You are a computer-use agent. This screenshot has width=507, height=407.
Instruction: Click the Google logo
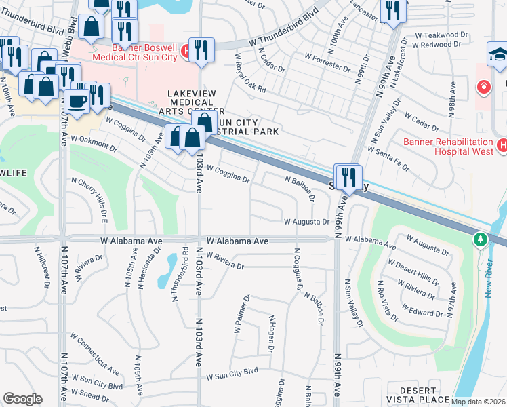coord(22,399)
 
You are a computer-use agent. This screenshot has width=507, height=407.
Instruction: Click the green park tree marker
coord(481,239)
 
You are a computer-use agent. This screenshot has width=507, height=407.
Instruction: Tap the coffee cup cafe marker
coord(77,102)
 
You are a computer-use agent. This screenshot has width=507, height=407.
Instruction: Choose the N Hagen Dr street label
coord(272,333)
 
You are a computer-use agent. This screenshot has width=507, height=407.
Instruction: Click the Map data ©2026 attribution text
coord(479,402)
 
